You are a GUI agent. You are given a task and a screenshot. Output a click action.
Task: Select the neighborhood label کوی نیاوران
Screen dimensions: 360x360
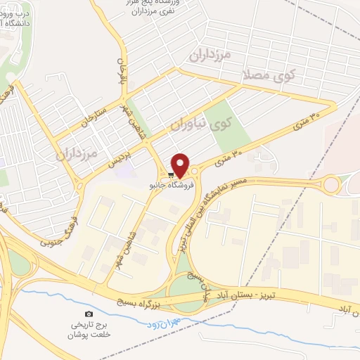tap(200, 124)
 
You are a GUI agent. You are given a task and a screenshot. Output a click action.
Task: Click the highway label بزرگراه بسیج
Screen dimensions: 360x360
tap(143, 300)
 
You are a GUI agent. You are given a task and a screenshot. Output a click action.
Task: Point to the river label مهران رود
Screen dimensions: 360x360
tap(166, 323)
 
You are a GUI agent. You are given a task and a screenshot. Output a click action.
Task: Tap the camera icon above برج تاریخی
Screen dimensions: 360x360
tap(89, 314)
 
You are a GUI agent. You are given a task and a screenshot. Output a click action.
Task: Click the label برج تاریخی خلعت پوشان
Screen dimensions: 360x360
tap(89, 331)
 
